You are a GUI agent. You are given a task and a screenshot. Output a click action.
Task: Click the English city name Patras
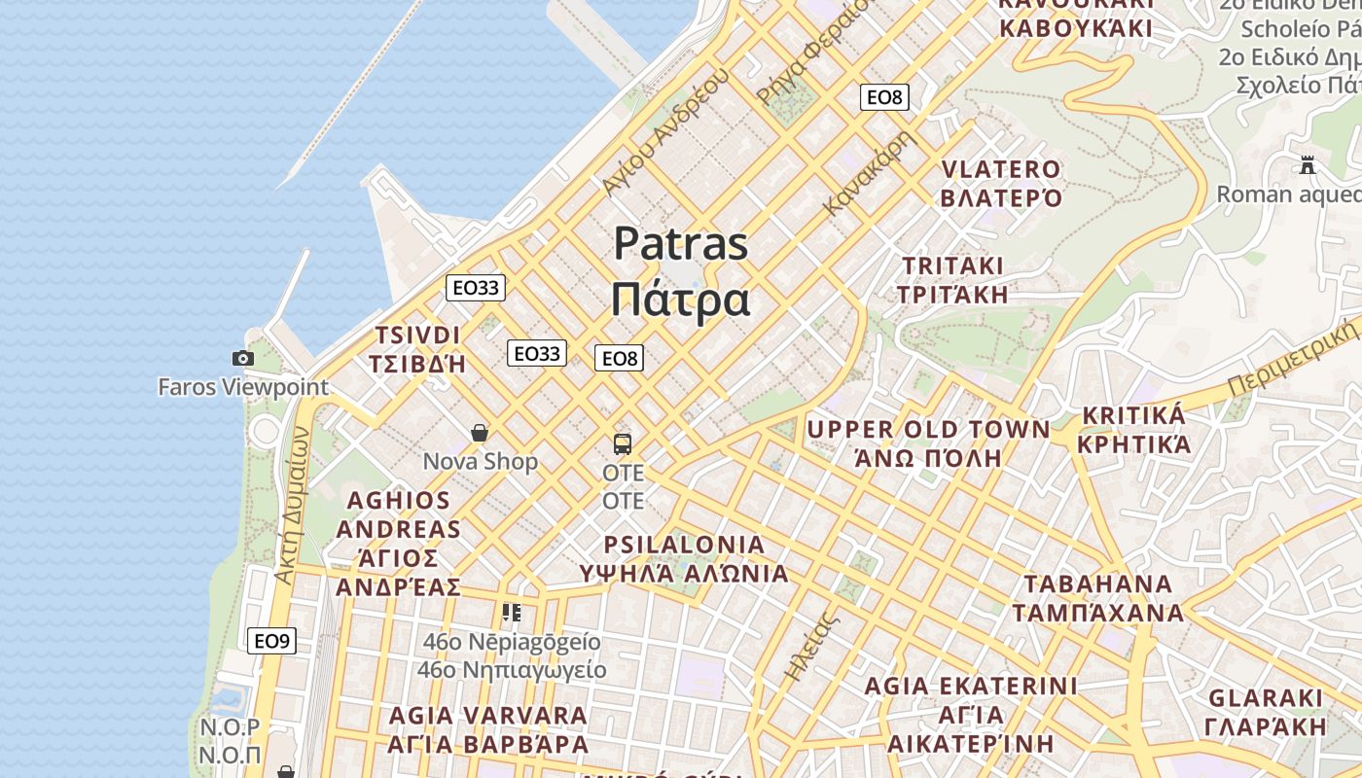pos(680,243)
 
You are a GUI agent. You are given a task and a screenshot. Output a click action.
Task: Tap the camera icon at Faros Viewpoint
pos(243,358)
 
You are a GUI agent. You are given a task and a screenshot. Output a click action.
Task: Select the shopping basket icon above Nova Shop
pos(480,432)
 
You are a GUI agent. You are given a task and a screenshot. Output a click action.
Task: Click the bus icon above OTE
pos(623,444)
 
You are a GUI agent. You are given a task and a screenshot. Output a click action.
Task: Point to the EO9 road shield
pos(271,641)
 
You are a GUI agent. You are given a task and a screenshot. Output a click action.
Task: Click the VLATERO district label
pos(1001,169)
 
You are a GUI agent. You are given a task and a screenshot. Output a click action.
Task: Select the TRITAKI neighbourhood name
pos(952,265)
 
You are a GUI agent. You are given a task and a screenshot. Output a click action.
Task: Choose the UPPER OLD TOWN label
pos(928,430)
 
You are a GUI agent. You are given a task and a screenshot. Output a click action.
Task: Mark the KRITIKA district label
pos(1132,416)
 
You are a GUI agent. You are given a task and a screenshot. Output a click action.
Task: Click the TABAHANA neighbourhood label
pos(1097,584)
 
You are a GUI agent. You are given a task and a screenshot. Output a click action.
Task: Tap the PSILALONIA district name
pos(684,545)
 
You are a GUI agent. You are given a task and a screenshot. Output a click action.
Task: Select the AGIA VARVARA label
pos(488,716)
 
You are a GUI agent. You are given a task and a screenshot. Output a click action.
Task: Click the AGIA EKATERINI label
pos(971,686)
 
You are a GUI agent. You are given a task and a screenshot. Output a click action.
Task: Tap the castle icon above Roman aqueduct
pos(1308,165)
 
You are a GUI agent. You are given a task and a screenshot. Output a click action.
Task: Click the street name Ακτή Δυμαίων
pos(292,506)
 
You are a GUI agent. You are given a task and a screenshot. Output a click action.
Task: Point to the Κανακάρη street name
pos(871,173)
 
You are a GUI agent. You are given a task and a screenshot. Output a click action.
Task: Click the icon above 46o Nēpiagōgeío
pos(512,612)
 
